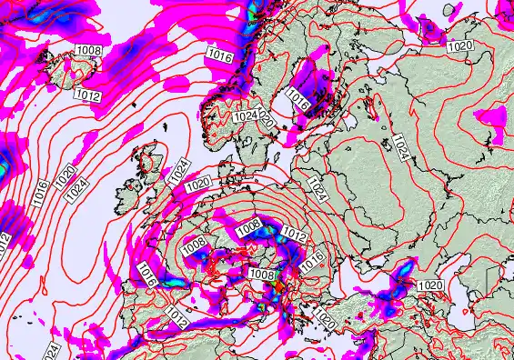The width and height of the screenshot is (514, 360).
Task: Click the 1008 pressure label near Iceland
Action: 89,50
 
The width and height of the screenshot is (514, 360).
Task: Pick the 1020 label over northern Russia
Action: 462,45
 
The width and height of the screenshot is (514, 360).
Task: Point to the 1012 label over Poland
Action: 294,234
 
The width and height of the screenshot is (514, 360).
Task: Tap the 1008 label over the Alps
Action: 262,274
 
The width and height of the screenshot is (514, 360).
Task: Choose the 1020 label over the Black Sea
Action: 431,285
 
